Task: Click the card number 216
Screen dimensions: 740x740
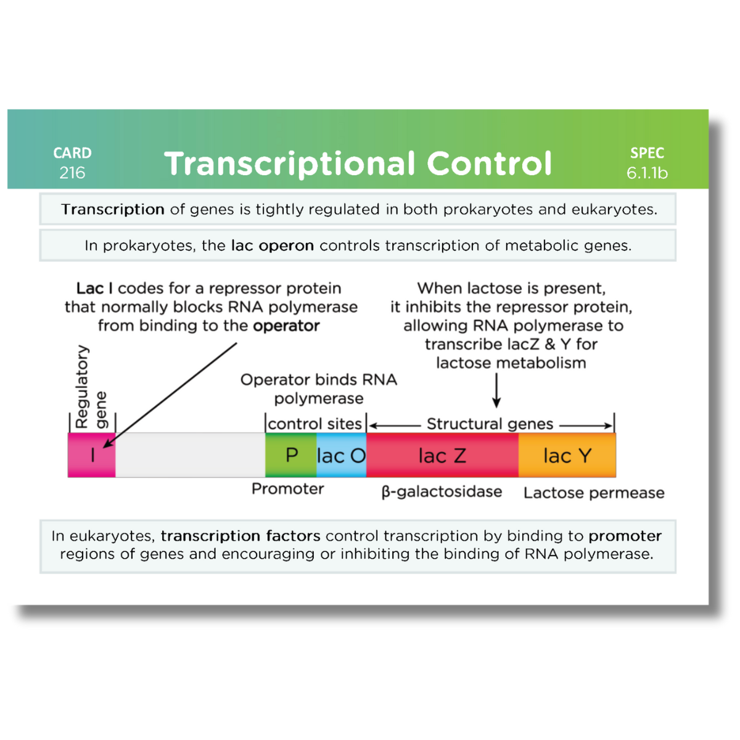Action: [x=72, y=173]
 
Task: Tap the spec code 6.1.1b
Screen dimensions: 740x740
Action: [x=647, y=173]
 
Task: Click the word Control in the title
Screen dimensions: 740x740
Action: [x=489, y=164]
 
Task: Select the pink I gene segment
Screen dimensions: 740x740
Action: [x=91, y=455]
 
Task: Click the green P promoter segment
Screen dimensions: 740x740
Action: [x=291, y=455]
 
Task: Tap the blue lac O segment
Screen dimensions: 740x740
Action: [x=341, y=456]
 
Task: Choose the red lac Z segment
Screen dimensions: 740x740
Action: [x=442, y=456]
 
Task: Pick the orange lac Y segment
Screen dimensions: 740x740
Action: [x=567, y=456]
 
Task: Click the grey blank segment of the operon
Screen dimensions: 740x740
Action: [x=190, y=455]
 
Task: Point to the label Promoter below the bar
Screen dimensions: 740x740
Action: [x=287, y=489]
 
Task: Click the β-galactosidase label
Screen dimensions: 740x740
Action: [x=442, y=491]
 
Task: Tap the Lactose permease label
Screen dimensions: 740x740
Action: [x=594, y=493]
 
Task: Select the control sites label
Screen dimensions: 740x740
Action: [x=314, y=424]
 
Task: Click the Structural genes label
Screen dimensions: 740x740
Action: [x=490, y=424]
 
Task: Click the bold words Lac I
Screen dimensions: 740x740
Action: [x=94, y=288]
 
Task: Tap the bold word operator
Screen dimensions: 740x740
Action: [x=286, y=326]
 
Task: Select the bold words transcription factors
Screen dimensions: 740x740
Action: [x=240, y=535]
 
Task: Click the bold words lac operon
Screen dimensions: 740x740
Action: [x=273, y=245]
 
